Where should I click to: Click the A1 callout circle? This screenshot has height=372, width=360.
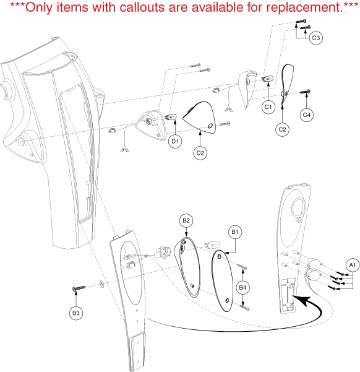click(353, 265)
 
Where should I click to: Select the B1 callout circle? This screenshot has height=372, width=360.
click(235, 231)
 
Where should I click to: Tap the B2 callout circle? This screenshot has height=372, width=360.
click(186, 220)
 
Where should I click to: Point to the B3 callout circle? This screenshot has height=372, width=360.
click(76, 313)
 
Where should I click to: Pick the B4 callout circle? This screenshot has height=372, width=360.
click(242, 288)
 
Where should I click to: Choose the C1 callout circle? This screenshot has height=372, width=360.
click(268, 107)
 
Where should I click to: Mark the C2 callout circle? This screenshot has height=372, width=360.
click(282, 129)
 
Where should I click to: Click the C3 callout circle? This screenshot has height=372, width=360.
click(316, 38)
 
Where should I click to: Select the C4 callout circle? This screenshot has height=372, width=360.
click(306, 115)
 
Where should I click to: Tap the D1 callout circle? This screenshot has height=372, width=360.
click(175, 141)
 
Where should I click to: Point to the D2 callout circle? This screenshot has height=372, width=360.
click(200, 153)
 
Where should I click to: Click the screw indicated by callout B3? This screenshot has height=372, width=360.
click(79, 288)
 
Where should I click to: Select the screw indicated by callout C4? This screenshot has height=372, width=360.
click(305, 92)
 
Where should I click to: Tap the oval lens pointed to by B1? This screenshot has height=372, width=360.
click(223, 280)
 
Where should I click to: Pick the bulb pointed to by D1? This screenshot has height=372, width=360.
click(171, 117)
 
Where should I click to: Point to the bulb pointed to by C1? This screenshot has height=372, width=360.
click(267, 78)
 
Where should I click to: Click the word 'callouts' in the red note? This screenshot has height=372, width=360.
click(142, 7)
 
